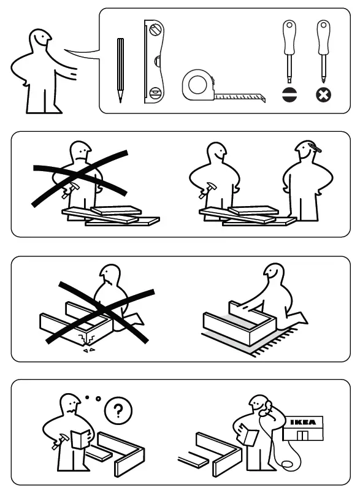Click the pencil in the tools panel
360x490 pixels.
pyautogui.click(x=120, y=69)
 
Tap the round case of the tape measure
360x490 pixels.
pyautogui.click(x=197, y=85)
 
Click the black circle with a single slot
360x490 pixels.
pyautogui.click(x=288, y=96)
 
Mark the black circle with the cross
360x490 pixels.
pyautogui.click(x=322, y=96)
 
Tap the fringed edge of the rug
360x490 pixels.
pyautogui.click(x=270, y=343)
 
